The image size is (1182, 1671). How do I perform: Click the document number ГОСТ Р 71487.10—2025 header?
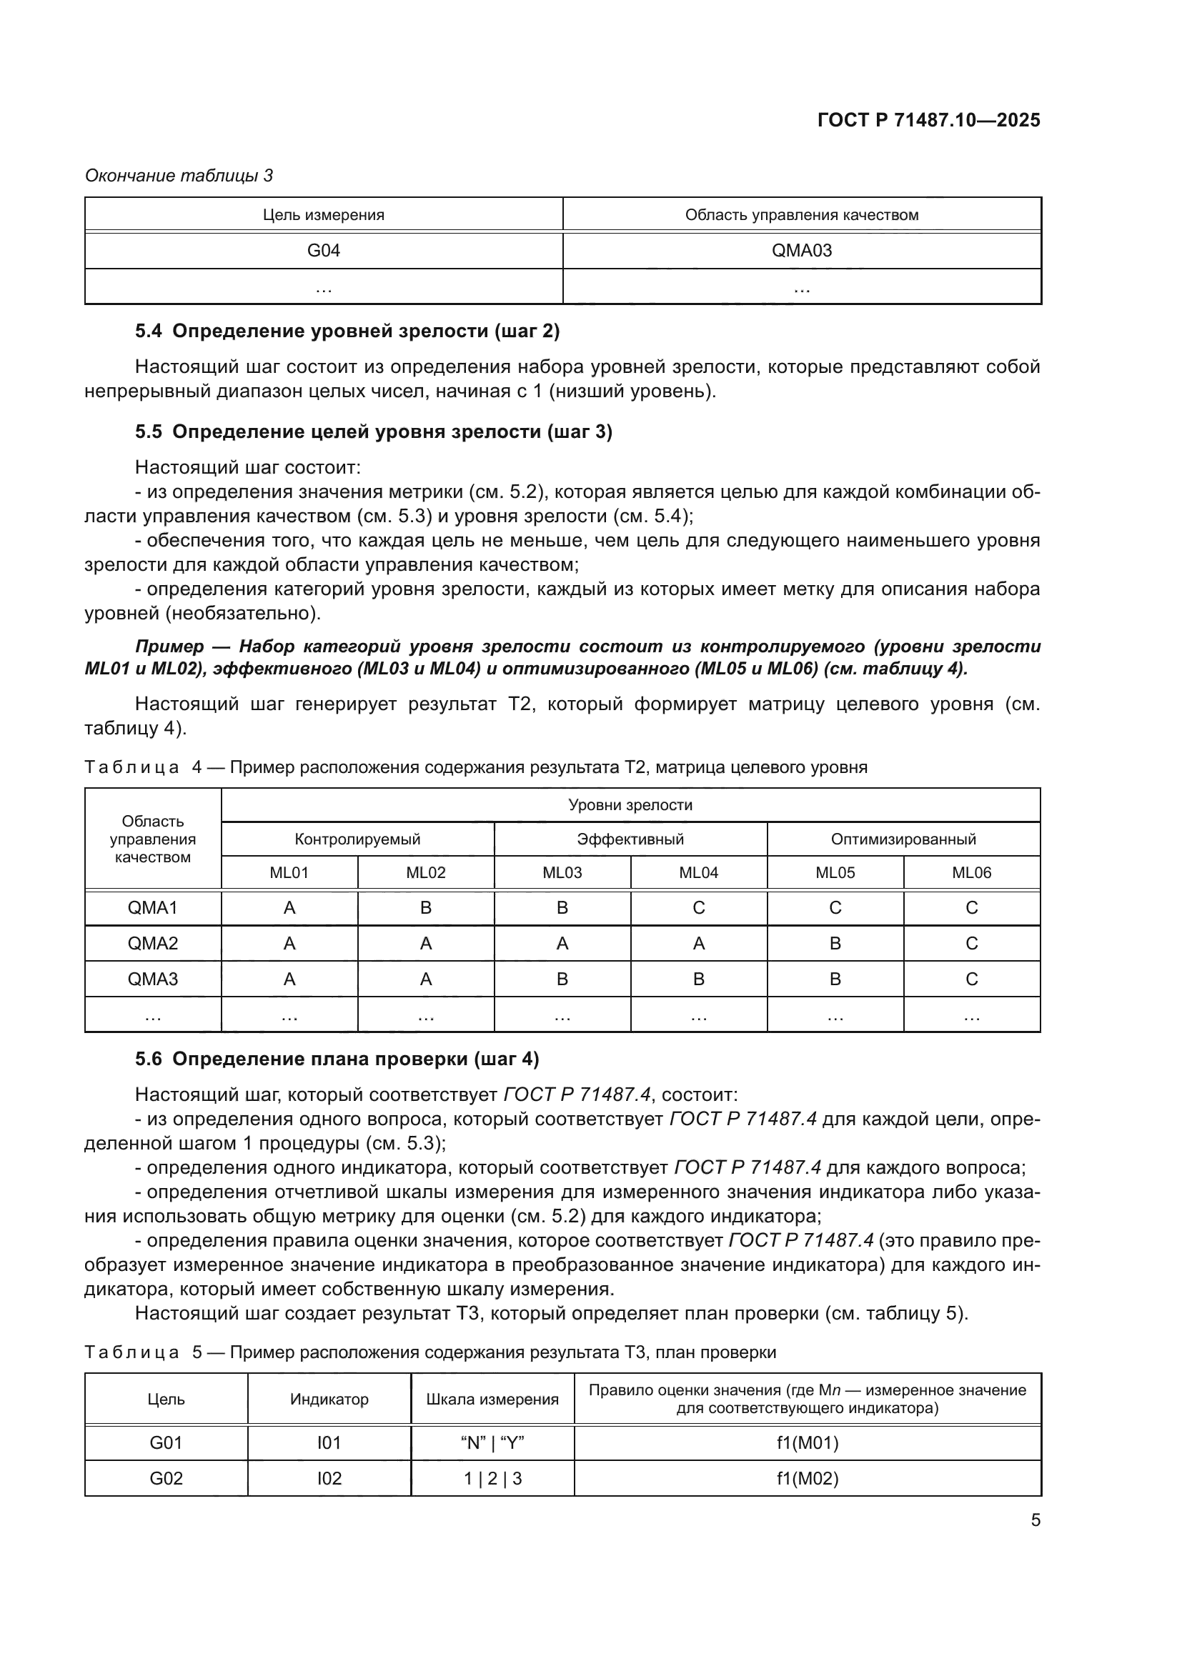coord(929,120)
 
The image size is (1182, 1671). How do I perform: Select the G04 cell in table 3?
coord(323,250)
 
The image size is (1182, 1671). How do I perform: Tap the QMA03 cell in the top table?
coord(801,250)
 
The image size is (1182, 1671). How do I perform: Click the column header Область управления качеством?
coord(801,215)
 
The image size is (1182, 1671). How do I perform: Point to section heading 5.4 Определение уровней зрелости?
coord(347,331)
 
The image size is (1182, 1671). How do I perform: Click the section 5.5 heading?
coord(373,432)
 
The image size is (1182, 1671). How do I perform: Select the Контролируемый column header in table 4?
coord(357,839)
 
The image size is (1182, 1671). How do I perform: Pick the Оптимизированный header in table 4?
coord(903,839)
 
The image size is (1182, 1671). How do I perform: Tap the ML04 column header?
coord(698,872)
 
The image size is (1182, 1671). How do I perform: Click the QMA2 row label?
coord(153,943)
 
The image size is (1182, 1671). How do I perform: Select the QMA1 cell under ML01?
coord(289,907)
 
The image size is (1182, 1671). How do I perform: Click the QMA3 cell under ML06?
coord(971,979)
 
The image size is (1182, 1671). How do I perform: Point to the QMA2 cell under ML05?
coord(835,943)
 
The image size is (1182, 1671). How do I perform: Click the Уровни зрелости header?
coord(630,805)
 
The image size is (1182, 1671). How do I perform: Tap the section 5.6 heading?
coord(337,1059)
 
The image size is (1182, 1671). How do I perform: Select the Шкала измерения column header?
coord(492,1399)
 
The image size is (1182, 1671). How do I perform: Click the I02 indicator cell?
coord(329,1478)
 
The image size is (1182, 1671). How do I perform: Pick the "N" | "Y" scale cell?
coord(492,1442)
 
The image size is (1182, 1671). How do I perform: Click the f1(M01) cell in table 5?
coord(807,1442)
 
